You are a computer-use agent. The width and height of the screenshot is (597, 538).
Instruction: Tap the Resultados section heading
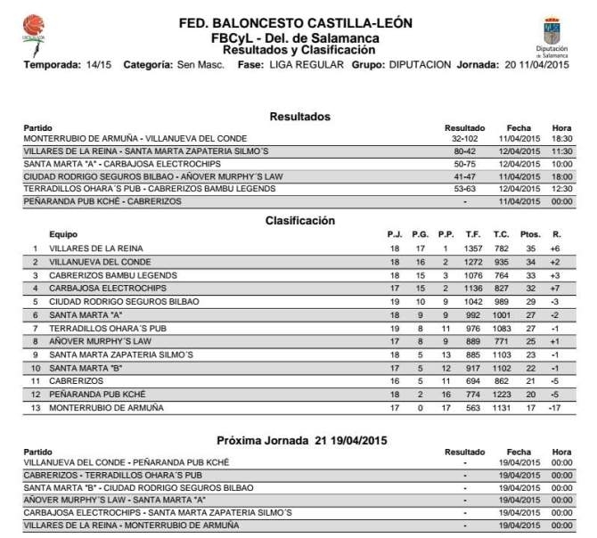(x=299, y=117)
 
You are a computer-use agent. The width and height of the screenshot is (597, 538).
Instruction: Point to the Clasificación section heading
(x=299, y=220)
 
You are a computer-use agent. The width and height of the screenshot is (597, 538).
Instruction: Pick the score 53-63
(x=465, y=190)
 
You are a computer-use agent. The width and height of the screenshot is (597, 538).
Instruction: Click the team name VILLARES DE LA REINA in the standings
(x=96, y=248)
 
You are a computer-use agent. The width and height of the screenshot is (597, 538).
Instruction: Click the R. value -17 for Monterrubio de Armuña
(x=554, y=407)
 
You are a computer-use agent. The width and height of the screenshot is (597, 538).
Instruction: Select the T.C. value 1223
(x=503, y=394)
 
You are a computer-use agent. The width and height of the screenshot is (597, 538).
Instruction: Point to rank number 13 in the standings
(x=36, y=407)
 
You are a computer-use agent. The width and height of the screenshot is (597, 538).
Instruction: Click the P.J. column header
(x=394, y=233)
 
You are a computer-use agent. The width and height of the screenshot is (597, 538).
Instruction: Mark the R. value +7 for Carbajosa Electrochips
(x=554, y=288)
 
